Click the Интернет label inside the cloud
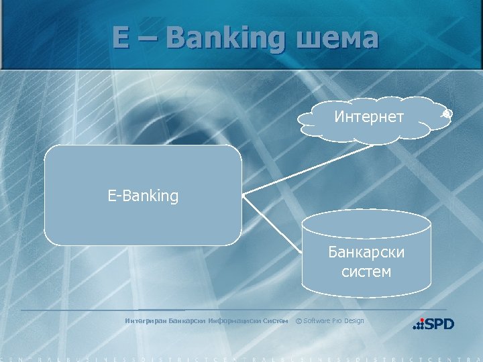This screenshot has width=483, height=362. tap(369, 117)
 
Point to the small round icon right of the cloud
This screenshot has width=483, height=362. tap(447, 115)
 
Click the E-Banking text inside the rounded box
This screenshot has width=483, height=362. tap(143, 196)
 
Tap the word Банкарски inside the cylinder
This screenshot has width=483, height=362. tap(366, 253)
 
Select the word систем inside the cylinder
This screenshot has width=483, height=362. tap(366, 271)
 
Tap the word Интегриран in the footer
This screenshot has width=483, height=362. tap(145, 320)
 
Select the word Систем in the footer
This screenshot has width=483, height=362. tap(276, 320)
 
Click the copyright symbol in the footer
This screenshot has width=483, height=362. tap(299, 320)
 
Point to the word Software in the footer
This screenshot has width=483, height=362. tap(317, 320)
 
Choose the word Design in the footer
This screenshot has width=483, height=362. tap(354, 320)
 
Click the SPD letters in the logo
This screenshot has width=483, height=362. tap(439, 324)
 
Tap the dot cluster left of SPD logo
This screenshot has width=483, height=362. tap(418, 324)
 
